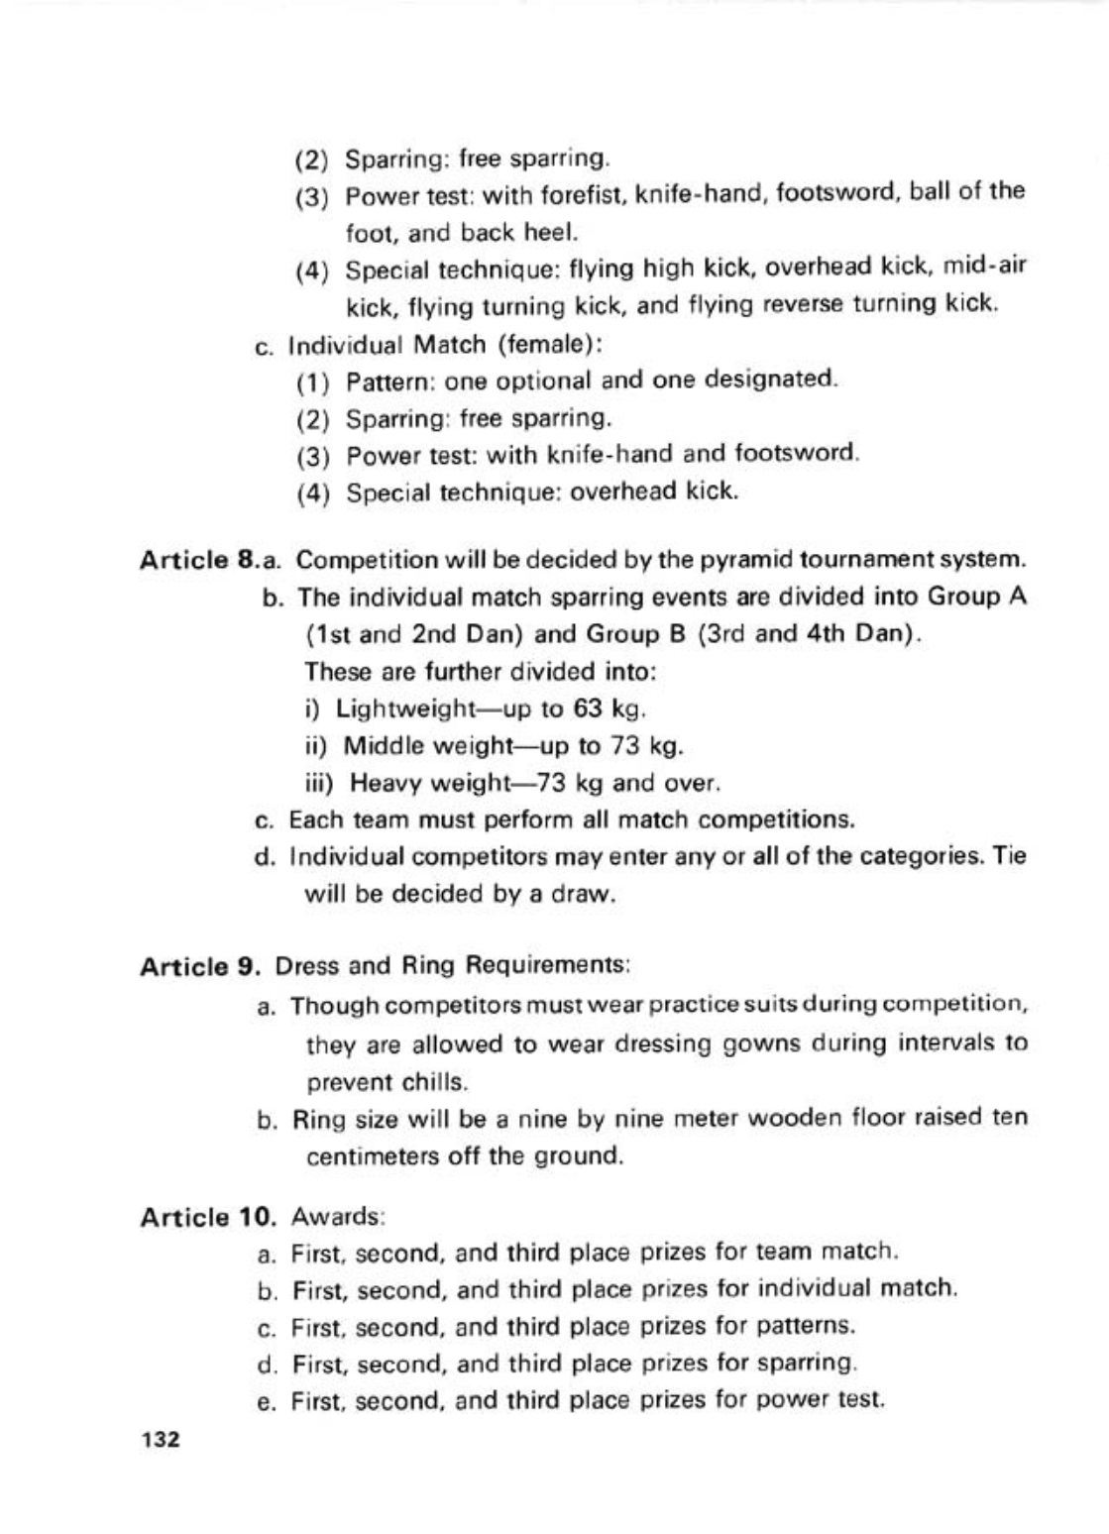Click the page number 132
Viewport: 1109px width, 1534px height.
click(161, 1440)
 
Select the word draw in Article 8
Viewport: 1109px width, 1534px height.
click(587, 894)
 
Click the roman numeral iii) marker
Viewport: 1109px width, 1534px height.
click(320, 783)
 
